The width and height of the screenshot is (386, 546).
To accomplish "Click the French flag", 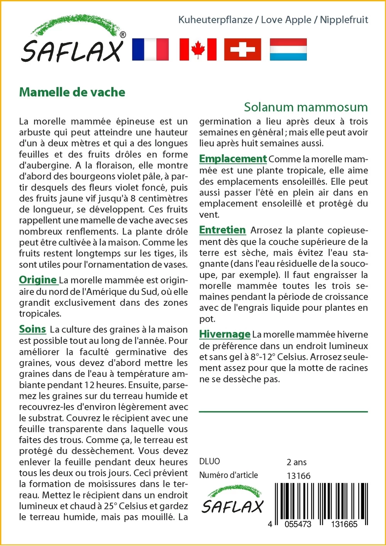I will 150,49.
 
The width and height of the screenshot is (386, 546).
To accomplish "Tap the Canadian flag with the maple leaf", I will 198,49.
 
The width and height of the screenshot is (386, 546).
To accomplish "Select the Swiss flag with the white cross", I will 242,49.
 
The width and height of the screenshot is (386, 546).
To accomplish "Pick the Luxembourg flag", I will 288,49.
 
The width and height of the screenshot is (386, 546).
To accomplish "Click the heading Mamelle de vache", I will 72,92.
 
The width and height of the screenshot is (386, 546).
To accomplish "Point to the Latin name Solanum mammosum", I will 306,107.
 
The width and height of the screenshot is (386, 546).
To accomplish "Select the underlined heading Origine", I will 38,280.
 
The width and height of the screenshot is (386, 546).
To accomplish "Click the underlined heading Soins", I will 32,329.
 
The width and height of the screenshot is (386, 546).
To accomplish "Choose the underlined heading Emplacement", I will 233,159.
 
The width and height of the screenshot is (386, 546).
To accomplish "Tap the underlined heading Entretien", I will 222,230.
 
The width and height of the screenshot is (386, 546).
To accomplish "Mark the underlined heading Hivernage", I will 225,334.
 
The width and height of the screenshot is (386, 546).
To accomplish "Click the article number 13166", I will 298,476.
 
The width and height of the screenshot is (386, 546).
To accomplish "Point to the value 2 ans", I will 296,462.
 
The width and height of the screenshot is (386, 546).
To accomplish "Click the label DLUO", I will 210,461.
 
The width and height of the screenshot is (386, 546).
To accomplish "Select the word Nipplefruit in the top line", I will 344,20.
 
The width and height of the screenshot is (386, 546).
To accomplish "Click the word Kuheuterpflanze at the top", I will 215,20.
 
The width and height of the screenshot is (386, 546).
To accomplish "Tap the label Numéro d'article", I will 229,475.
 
